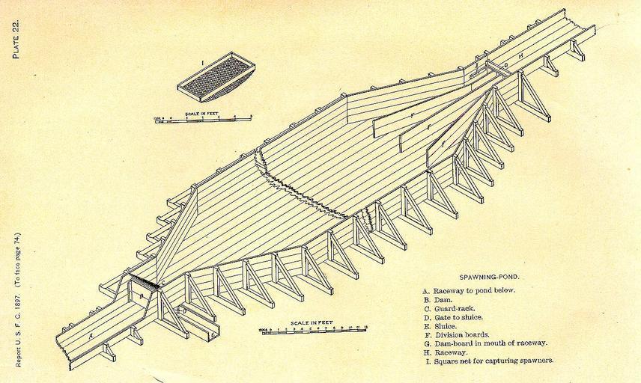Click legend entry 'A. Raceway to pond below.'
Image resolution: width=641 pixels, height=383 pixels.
point(469,290)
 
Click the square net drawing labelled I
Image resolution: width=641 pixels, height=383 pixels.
point(216,76)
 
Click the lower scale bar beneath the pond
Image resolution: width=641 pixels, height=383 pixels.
point(315,330)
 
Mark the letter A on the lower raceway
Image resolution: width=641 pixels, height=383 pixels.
point(91,337)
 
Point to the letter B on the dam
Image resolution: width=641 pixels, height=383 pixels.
point(140,296)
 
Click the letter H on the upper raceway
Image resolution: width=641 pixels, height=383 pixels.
point(522,56)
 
